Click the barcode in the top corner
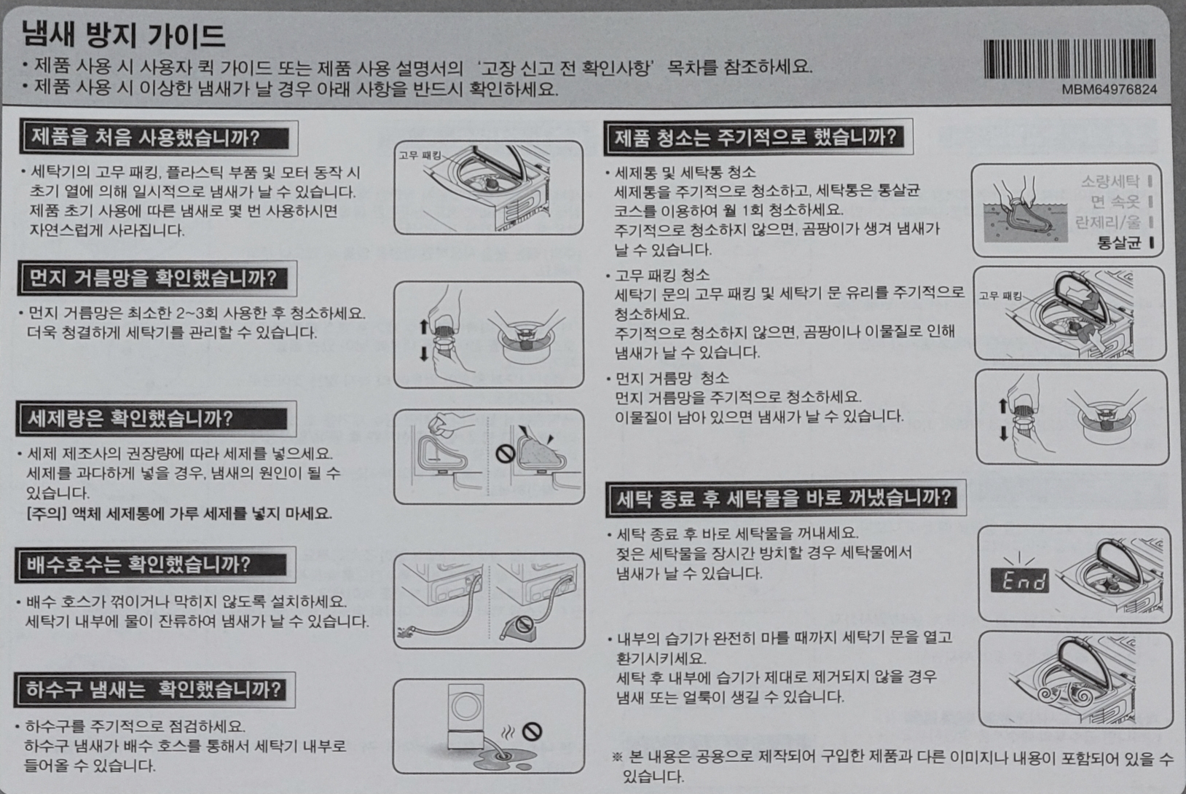point(1069,59)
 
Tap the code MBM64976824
point(1110,90)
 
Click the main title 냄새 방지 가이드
point(123,35)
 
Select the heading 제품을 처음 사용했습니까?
point(146,138)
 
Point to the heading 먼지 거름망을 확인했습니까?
point(152,278)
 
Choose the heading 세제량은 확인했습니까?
point(130,419)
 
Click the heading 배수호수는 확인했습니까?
point(138,565)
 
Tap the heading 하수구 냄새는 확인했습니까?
point(153,690)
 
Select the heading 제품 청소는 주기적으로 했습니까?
point(755,137)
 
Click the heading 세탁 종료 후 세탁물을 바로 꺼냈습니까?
point(784,498)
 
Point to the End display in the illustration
point(1020,581)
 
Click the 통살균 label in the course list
point(1119,243)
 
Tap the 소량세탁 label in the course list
point(1110,181)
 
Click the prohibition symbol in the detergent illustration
point(505,454)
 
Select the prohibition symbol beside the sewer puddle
point(532,731)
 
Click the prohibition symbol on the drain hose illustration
point(524,624)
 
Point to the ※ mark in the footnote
point(617,757)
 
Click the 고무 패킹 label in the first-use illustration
point(420,155)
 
